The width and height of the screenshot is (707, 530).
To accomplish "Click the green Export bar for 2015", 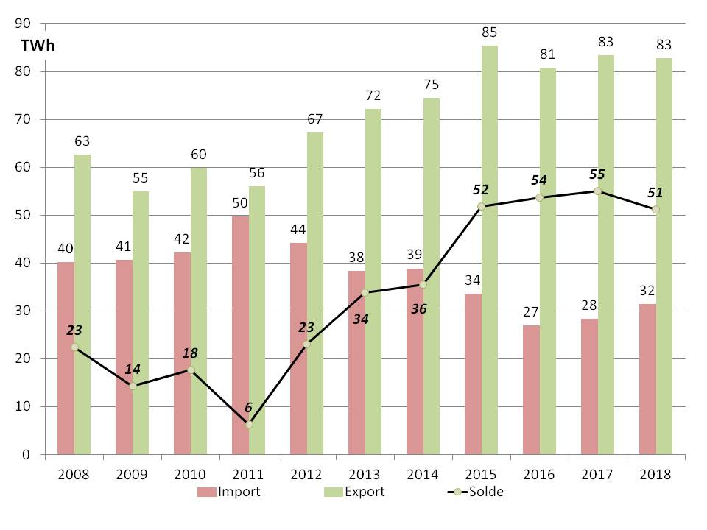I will [490, 250].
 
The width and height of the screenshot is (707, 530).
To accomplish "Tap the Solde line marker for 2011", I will [249, 424].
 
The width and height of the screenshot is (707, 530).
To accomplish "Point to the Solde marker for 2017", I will [597, 191].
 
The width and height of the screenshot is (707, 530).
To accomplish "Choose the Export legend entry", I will [353, 492].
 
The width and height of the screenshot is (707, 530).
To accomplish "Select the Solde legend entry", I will [471, 492].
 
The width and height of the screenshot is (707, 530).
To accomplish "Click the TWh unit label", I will [38, 46].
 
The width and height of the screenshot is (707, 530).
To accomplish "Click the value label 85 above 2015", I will [490, 32].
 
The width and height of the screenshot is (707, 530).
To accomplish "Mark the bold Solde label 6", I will [249, 407].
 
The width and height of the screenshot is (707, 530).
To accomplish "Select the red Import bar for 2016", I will [530, 390].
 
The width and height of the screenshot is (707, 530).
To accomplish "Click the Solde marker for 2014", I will [423, 283].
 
